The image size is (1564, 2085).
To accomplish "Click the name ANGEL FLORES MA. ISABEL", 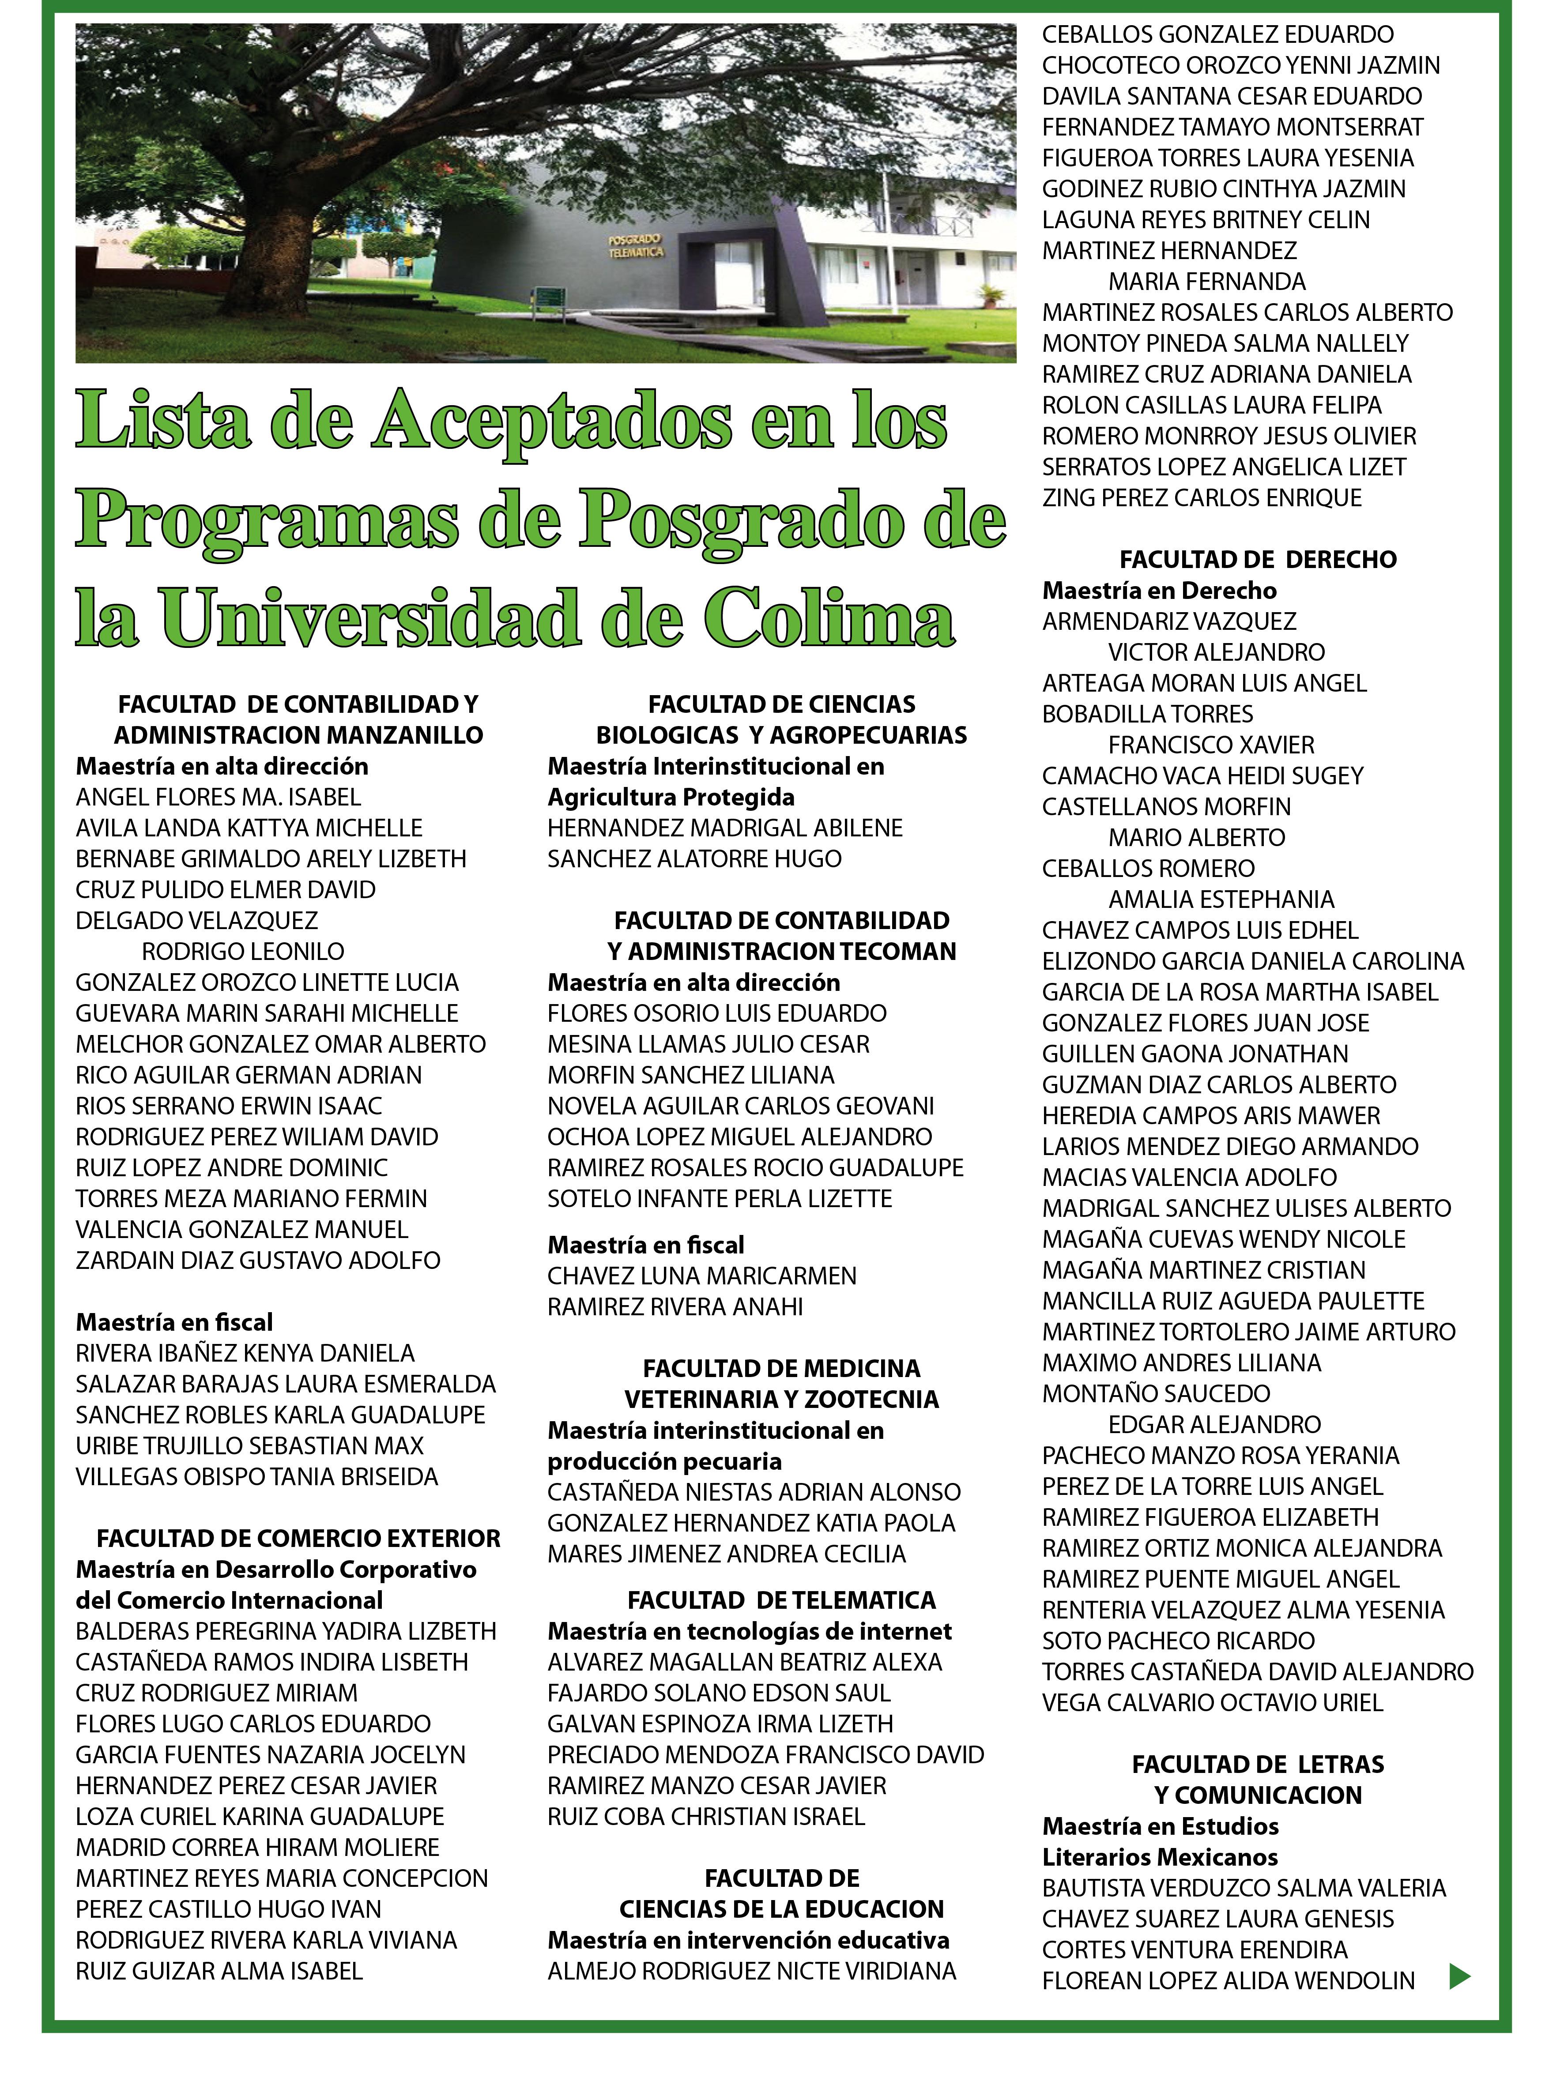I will [x=218, y=798].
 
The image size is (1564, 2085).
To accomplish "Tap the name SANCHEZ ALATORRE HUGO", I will [x=694, y=859].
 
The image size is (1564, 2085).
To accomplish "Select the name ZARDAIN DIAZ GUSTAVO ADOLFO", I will [x=257, y=1260].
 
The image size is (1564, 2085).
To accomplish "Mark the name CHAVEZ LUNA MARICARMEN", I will [x=701, y=1276].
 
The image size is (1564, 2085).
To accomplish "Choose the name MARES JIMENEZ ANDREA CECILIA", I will [x=726, y=1554].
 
